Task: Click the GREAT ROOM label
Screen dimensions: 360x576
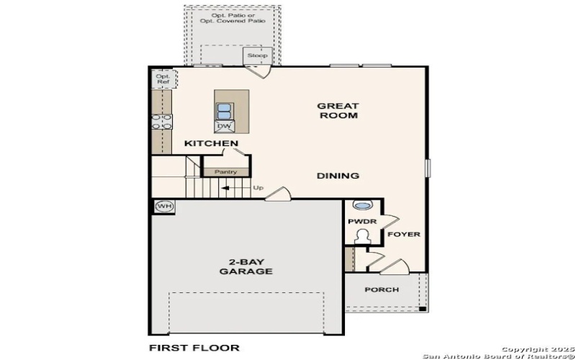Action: (338, 110)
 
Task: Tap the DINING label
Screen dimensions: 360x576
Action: (338, 176)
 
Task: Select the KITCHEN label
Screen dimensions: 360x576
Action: (211, 144)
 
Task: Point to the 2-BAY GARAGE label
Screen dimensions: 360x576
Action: (246, 266)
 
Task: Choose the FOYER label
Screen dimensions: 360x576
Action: (404, 235)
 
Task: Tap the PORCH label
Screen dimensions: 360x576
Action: (382, 289)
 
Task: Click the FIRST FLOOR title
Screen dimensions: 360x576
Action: (194, 348)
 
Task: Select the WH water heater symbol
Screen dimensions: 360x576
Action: (165, 207)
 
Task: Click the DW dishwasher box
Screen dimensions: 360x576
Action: (224, 127)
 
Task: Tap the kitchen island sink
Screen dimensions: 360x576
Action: (225, 111)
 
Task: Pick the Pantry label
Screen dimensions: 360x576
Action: (225, 172)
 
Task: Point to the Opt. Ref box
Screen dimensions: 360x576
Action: (163, 78)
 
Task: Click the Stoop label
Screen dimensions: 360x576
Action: (257, 55)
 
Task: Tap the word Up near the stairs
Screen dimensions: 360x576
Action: (258, 189)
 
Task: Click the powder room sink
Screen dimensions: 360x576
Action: (363, 205)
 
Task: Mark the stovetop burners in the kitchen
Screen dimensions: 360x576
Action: (162, 122)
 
